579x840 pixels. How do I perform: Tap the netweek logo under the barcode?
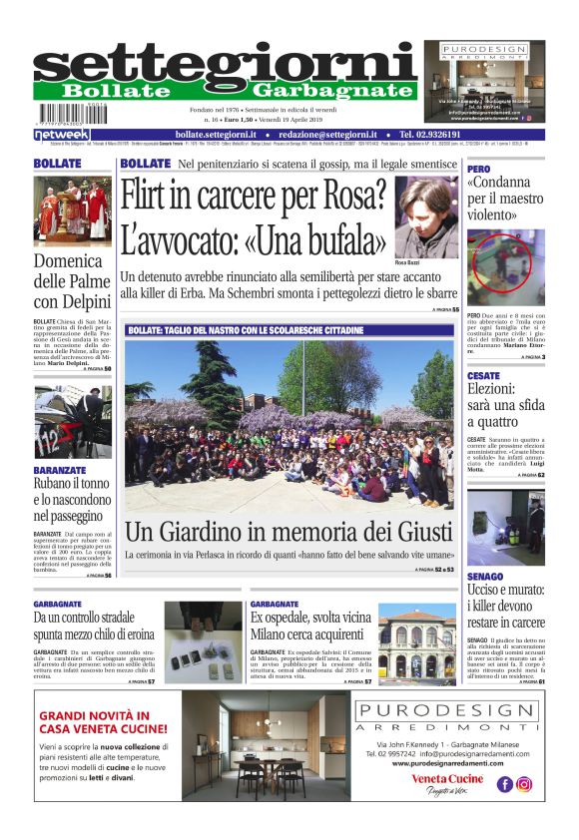coord(62,135)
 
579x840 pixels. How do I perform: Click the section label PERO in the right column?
coord(480,170)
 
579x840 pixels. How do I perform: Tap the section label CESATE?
coord(483,376)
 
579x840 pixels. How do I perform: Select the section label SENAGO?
coord(484,577)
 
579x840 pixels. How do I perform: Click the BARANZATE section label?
coord(60,468)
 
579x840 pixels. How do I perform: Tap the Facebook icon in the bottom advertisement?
coord(505,784)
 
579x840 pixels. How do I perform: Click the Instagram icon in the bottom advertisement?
coord(524,784)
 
